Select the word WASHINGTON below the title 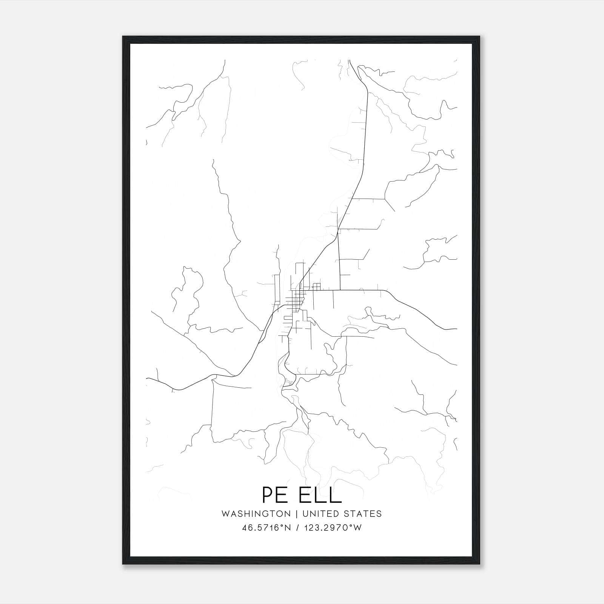coord(256,514)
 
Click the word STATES coord(363,514)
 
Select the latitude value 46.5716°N coord(266,528)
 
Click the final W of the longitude coord(357,528)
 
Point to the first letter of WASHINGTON coord(226,514)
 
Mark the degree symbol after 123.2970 coord(351,525)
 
